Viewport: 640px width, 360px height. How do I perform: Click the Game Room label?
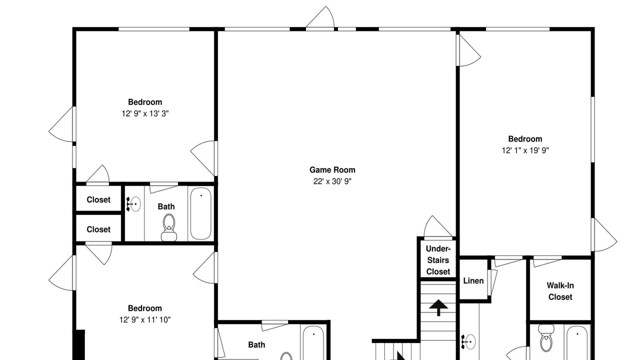coord(332,170)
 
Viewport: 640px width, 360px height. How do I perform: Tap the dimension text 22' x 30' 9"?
coord(332,181)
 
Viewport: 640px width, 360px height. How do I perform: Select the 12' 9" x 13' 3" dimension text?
coord(145,113)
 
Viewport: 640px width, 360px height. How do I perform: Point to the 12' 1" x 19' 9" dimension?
coord(525,150)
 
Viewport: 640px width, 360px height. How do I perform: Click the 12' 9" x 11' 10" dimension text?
coord(145,319)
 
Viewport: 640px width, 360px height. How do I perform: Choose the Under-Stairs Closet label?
coord(438,260)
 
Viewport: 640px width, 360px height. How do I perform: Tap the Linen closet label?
coord(473,281)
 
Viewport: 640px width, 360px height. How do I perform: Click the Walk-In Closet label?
coord(560,291)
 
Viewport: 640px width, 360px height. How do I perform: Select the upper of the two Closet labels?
coord(98,199)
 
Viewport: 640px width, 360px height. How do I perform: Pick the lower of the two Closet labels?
coord(98,229)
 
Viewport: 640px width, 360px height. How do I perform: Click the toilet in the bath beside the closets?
coord(169,227)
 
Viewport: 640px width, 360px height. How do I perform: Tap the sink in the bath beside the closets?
coord(133,204)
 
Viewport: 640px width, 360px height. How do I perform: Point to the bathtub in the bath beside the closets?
coord(201,213)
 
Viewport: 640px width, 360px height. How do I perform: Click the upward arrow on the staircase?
coord(438,307)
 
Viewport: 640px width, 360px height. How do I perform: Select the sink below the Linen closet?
coord(468,341)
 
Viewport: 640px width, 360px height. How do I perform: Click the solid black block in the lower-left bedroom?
coord(80,345)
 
